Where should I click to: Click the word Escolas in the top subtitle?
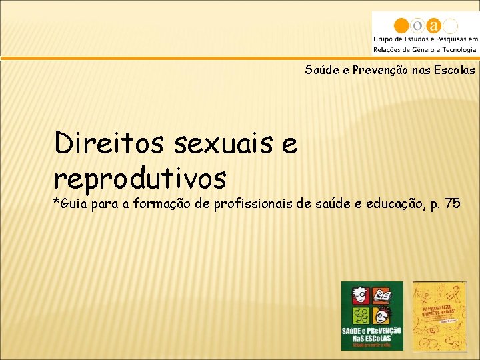pos(453,69)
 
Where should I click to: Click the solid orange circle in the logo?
pos(401,26)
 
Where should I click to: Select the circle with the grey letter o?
pos(418,26)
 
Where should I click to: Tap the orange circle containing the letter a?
pos(435,26)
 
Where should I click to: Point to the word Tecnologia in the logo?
pos(455,49)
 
